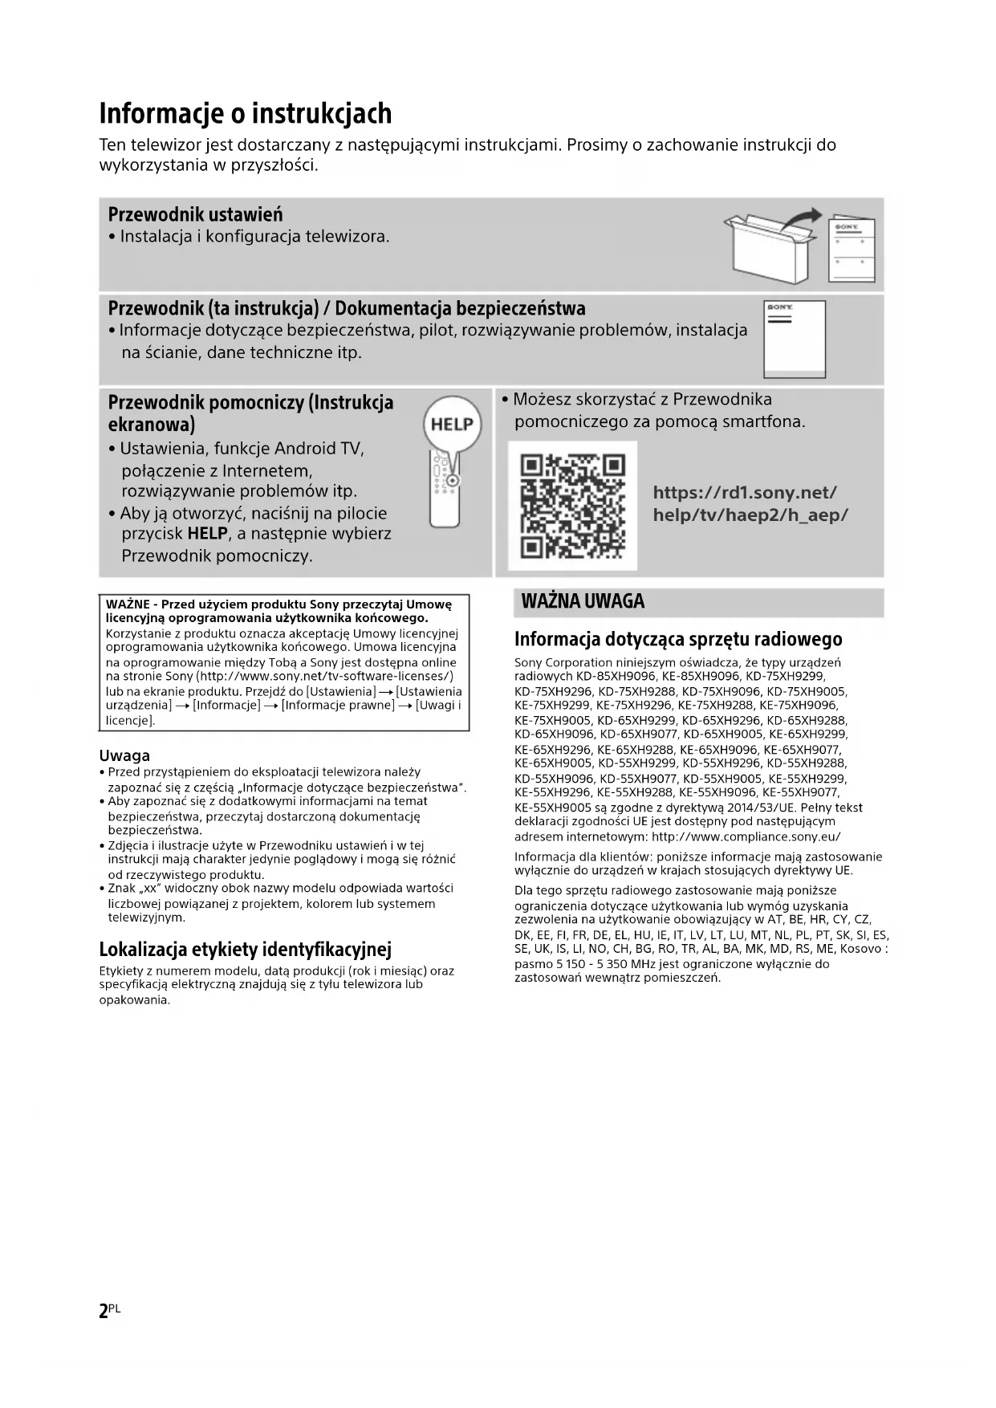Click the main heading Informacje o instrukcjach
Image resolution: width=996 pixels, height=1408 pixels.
(x=246, y=114)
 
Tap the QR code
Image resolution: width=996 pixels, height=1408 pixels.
(x=572, y=506)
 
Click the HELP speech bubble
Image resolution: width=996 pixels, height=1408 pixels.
(x=452, y=424)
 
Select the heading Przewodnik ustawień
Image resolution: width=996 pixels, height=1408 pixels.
(x=195, y=215)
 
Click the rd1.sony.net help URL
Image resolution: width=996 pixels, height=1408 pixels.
(x=750, y=504)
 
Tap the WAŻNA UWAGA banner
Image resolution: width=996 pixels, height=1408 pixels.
(x=583, y=602)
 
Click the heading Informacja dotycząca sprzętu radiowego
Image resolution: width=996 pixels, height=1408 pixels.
(x=678, y=639)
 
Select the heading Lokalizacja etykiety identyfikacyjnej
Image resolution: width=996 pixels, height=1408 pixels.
(x=245, y=950)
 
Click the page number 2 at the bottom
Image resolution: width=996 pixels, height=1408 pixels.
(x=104, y=1311)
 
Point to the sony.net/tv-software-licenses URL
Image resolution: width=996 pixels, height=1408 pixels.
(x=325, y=676)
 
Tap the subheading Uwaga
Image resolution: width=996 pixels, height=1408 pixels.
(x=124, y=755)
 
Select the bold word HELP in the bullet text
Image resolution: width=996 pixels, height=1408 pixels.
(x=208, y=534)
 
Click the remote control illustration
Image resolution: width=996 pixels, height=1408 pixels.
(x=445, y=490)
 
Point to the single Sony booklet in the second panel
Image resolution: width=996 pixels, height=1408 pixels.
(x=794, y=339)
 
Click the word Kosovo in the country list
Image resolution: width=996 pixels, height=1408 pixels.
(x=861, y=949)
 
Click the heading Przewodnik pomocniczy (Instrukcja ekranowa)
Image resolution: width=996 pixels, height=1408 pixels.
(x=250, y=413)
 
